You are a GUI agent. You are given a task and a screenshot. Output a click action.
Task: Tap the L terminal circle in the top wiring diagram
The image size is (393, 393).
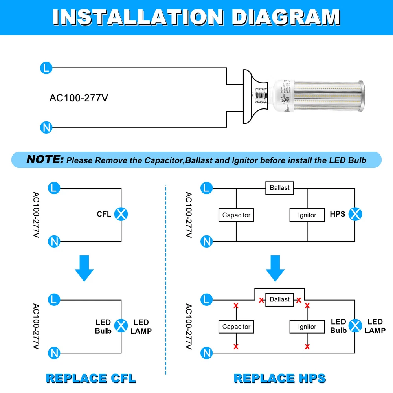tap(46, 68)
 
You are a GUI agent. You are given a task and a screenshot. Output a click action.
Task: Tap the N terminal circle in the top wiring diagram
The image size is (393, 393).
tap(46, 127)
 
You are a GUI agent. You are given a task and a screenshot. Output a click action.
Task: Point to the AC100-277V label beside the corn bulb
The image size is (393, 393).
tap(79, 98)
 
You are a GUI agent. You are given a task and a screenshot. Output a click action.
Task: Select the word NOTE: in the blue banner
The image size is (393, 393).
tap(45, 160)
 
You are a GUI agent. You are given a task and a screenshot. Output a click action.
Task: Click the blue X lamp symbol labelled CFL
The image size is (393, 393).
tap(121, 214)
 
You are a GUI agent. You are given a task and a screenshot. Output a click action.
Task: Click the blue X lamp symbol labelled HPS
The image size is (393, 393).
tap(356, 214)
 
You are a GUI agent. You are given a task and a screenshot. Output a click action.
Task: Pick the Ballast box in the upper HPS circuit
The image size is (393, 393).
tap(279, 188)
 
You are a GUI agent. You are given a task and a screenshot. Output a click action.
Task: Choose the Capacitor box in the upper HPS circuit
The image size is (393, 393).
tap(236, 215)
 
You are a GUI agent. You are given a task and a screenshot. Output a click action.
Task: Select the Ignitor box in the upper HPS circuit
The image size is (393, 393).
tap(307, 215)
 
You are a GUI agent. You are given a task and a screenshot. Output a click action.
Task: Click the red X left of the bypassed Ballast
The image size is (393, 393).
tap(261, 300)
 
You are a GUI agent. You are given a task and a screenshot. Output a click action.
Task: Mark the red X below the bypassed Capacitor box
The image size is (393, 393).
tap(236, 347)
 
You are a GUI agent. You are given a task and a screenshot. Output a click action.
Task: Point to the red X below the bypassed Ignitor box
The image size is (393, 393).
tap(307, 347)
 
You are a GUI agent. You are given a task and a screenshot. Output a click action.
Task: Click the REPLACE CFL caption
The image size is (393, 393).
tap(91, 378)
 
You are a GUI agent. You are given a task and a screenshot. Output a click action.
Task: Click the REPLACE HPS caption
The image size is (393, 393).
tap(280, 378)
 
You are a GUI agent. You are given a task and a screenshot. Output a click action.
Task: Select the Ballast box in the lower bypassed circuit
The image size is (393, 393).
tap(279, 299)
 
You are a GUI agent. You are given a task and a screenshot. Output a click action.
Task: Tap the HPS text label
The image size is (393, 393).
tap(338, 214)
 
